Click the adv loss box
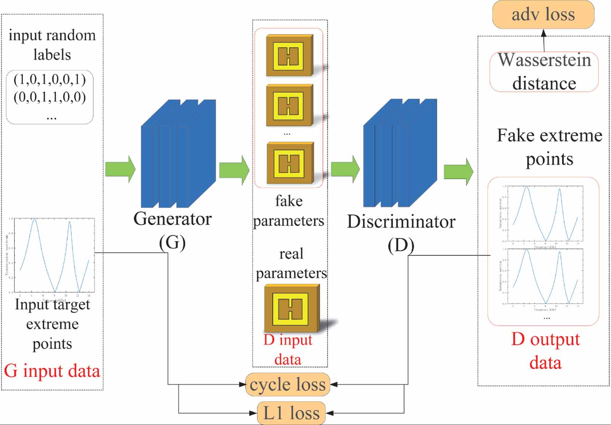543,15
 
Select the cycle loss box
287,384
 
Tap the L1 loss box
291,413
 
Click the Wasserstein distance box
544,72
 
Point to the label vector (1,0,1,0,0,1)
50,79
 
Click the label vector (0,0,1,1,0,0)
50,97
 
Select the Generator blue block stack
178,154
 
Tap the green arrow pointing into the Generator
120,169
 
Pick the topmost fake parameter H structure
289,56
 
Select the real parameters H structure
291,308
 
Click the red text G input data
52,371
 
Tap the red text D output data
545,351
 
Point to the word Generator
172,219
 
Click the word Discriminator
401,222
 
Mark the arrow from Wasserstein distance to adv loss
544,41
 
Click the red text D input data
288,349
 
